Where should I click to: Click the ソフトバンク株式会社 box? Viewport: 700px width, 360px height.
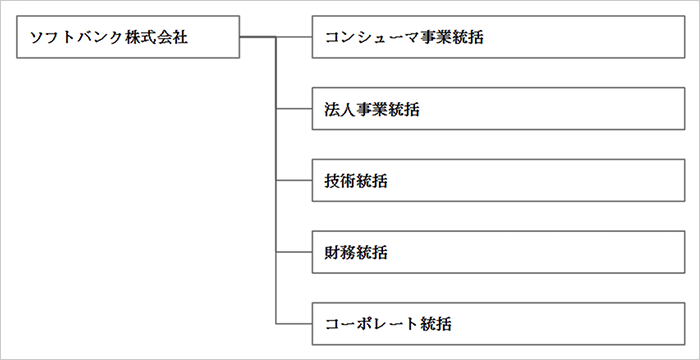129,38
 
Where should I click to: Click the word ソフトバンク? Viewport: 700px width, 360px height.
75,38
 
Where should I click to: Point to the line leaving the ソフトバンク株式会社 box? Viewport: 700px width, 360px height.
257,38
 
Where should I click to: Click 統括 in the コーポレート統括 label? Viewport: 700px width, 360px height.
434,324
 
